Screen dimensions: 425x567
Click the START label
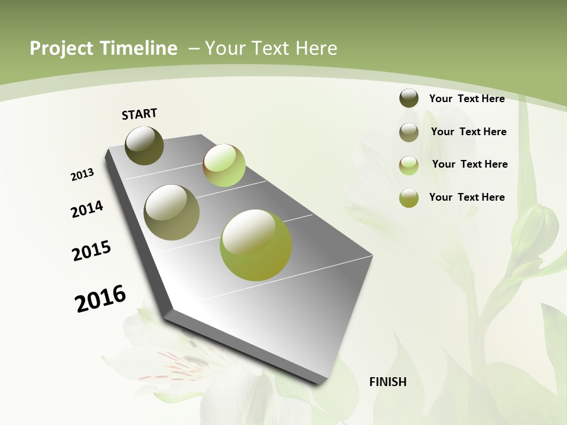pyautogui.click(x=139, y=114)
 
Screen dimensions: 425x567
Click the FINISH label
pyautogui.click(x=387, y=382)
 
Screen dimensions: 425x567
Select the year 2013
pyautogui.click(x=83, y=174)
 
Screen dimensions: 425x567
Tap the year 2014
pyautogui.click(x=87, y=209)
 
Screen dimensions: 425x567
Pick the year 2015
pyautogui.click(x=92, y=251)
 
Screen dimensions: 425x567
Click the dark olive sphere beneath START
pyautogui.click(x=144, y=145)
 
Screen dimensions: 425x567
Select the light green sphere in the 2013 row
pyautogui.click(x=224, y=165)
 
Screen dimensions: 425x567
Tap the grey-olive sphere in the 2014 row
pyautogui.click(x=172, y=212)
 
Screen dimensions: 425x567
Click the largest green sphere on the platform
pyautogui.click(x=256, y=244)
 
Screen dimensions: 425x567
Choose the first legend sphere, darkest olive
pyautogui.click(x=409, y=98)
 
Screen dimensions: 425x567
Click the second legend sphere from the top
pyautogui.click(x=409, y=132)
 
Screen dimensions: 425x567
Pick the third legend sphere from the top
pyautogui.click(x=409, y=165)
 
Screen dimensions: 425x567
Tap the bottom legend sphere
pyautogui.click(x=409, y=198)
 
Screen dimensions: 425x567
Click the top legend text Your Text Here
pyautogui.click(x=467, y=99)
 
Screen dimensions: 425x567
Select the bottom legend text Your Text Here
pyautogui.click(x=467, y=197)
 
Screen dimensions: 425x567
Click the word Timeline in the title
pyautogui.click(x=134, y=48)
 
